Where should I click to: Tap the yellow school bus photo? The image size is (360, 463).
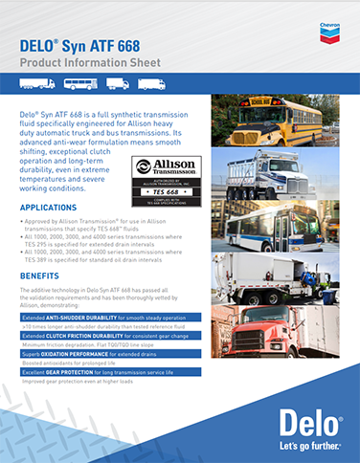coord(269,120)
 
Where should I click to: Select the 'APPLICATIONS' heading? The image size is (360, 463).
coord(49,207)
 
